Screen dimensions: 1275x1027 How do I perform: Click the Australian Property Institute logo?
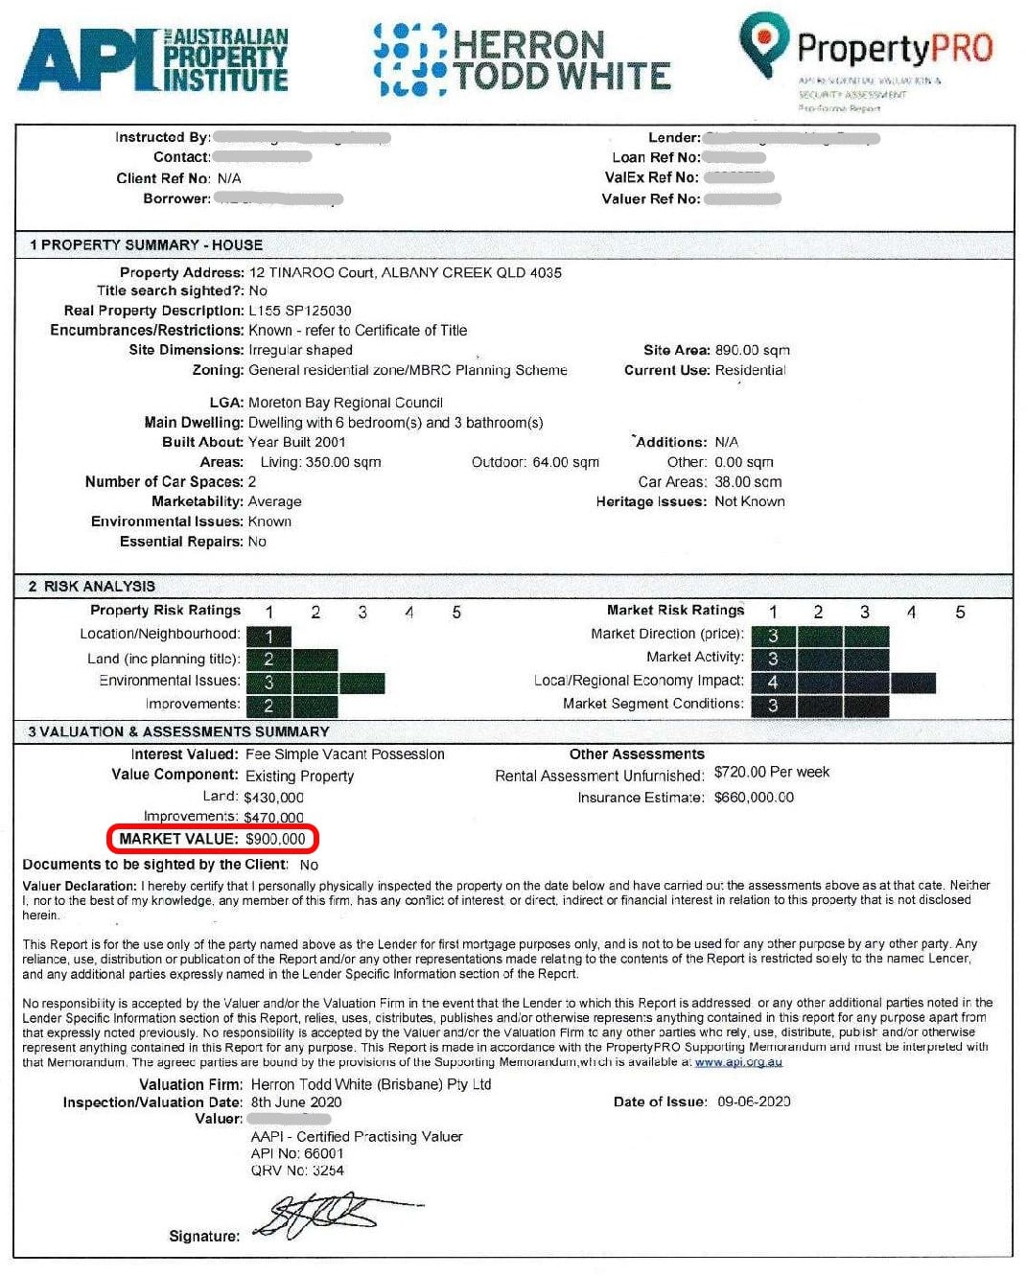tap(153, 60)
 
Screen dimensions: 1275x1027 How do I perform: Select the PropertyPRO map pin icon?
tap(763, 43)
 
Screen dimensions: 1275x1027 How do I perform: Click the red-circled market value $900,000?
tap(275, 839)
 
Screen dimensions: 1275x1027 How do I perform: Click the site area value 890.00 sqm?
tap(752, 350)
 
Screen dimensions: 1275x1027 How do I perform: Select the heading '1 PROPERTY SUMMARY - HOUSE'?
tap(146, 244)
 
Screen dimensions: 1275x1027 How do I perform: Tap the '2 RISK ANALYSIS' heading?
tap(92, 586)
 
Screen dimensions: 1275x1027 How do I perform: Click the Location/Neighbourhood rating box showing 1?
tap(268, 637)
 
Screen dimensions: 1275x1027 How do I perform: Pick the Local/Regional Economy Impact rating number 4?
tap(773, 683)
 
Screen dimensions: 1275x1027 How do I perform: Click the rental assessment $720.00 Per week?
tap(771, 772)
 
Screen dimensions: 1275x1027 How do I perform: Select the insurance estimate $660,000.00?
tap(754, 797)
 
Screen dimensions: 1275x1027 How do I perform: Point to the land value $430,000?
tap(273, 797)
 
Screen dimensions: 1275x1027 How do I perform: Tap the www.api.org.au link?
tap(738, 1062)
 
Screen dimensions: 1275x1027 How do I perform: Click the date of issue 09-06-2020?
tap(754, 1101)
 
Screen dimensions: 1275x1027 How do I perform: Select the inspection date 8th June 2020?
tap(296, 1101)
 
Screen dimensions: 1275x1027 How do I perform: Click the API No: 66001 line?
tap(296, 1153)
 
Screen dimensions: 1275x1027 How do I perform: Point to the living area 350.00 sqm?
tap(320, 462)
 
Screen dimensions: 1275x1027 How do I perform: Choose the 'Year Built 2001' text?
tap(296, 442)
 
